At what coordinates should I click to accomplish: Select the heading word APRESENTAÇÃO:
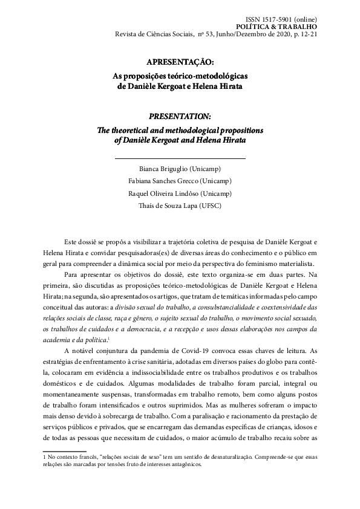(180, 62)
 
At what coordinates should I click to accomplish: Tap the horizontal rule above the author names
(180, 158)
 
